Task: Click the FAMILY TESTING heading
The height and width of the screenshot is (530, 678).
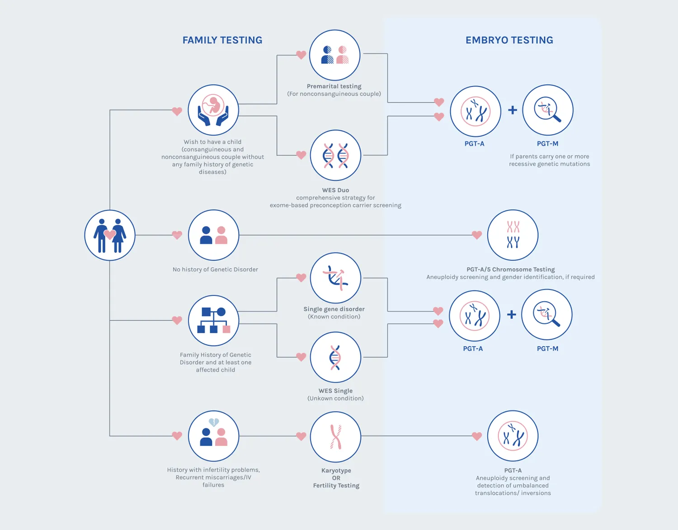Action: (222, 40)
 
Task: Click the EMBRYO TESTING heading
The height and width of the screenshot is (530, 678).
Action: (509, 40)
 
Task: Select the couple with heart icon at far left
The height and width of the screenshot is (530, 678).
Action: (110, 235)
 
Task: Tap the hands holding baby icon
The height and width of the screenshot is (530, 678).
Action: (213, 110)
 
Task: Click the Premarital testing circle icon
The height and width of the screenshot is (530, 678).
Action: (334, 55)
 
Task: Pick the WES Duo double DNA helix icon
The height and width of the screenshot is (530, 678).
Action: (335, 156)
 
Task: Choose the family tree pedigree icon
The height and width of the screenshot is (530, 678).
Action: (213, 320)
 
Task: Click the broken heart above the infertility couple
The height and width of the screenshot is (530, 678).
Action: (214, 422)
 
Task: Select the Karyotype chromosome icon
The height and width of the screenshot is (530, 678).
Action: (335, 437)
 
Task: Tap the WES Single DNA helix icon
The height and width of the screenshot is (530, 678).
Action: (335, 357)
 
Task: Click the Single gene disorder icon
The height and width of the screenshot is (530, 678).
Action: (335, 278)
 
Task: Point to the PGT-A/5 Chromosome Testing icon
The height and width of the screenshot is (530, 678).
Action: (513, 235)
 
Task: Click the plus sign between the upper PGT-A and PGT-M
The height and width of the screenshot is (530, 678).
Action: (512, 110)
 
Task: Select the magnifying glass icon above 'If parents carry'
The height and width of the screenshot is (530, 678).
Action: (548, 110)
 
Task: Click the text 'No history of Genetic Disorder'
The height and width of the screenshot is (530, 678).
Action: (215, 270)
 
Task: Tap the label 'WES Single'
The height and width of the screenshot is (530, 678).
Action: (335, 391)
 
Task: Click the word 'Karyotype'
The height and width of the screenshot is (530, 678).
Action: (336, 470)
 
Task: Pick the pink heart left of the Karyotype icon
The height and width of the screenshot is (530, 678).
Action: (301, 436)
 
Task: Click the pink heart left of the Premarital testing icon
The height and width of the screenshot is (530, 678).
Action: (301, 55)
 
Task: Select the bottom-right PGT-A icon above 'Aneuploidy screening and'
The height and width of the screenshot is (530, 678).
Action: (513, 436)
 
